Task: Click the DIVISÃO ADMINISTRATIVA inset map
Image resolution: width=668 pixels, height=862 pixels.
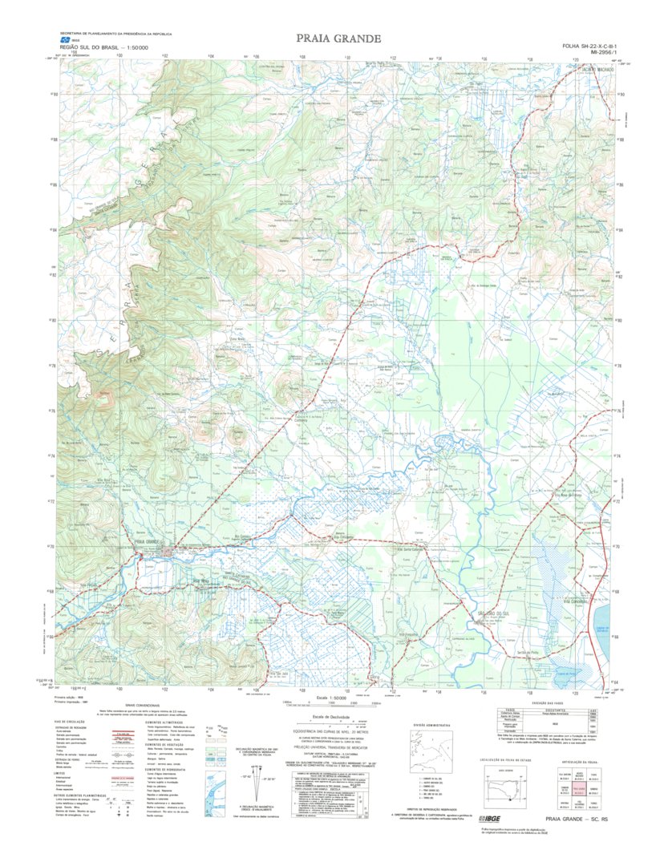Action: point(427,753)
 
